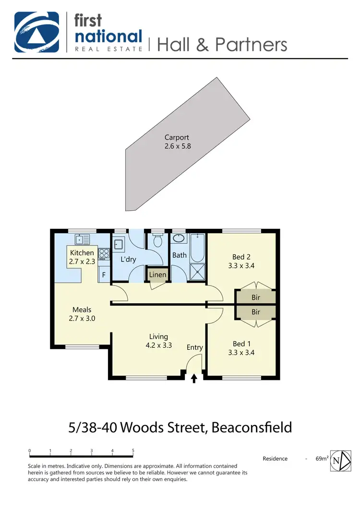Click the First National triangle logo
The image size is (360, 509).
click(x=37, y=32)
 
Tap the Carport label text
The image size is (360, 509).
click(x=178, y=138)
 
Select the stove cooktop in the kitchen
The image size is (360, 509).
click(x=104, y=254)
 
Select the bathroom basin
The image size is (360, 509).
click(x=179, y=238)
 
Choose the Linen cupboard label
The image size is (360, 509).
click(x=158, y=275)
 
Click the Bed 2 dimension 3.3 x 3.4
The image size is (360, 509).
click(x=242, y=265)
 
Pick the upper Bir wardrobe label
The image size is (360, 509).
click(x=256, y=297)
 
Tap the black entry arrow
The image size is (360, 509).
click(x=194, y=379)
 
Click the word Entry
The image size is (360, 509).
click(x=195, y=347)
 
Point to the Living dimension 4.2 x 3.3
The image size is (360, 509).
click(x=158, y=345)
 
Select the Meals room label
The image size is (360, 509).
click(x=82, y=309)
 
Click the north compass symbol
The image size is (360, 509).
click(x=339, y=461)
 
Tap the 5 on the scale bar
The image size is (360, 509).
click(x=133, y=451)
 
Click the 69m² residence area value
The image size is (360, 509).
click(x=322, y=459)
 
